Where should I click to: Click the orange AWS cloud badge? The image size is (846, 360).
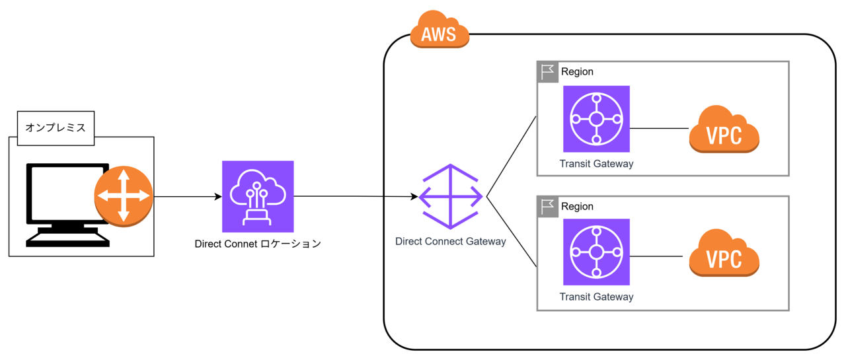pyautogui.click(x=440, y=32)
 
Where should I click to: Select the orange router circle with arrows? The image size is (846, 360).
pyautogui.click(x=124, y=196)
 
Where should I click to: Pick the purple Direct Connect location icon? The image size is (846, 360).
pyautogui.click(x=258, y=196)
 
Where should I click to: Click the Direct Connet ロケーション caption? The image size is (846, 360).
pyautogui.click(x=258, y=244)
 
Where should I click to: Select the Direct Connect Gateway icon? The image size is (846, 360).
pyautogui.click(x=451, y=196)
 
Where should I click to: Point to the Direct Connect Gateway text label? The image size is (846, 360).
pyautogui.click(x=450, y=241)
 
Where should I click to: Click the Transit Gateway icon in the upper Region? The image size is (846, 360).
pyautogui.click(x=596, y=119)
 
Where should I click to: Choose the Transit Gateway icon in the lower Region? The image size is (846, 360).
pyautogui.click(x=596, y=252)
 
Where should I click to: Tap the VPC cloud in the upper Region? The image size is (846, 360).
pyautogui.click(x=724, y=130)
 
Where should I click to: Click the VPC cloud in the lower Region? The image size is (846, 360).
pyautogui.click(x=724, y=254)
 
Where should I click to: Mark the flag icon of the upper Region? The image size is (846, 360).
pyautogui.click(x=548, y=72)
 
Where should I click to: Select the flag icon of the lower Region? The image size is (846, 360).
pyautogui.click(x=548, y=207)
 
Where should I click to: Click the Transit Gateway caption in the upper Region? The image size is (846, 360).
pyautogui.click(x=596, y=164)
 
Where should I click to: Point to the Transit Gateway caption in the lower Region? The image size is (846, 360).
pyautogui.click(x=596, y=297)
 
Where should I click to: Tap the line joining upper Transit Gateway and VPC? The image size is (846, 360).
pyautogui.click(x=659, y=128)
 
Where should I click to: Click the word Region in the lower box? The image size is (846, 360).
pyautogui.click(x=577, y=206)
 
